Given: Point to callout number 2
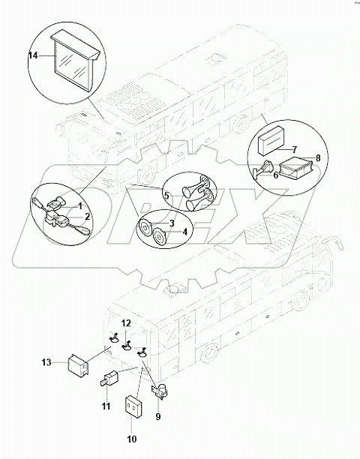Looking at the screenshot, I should click(88, 216).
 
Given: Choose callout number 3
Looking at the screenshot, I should click(171, 224).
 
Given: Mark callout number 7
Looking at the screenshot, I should click(295, 150).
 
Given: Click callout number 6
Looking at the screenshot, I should click(274, 175).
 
